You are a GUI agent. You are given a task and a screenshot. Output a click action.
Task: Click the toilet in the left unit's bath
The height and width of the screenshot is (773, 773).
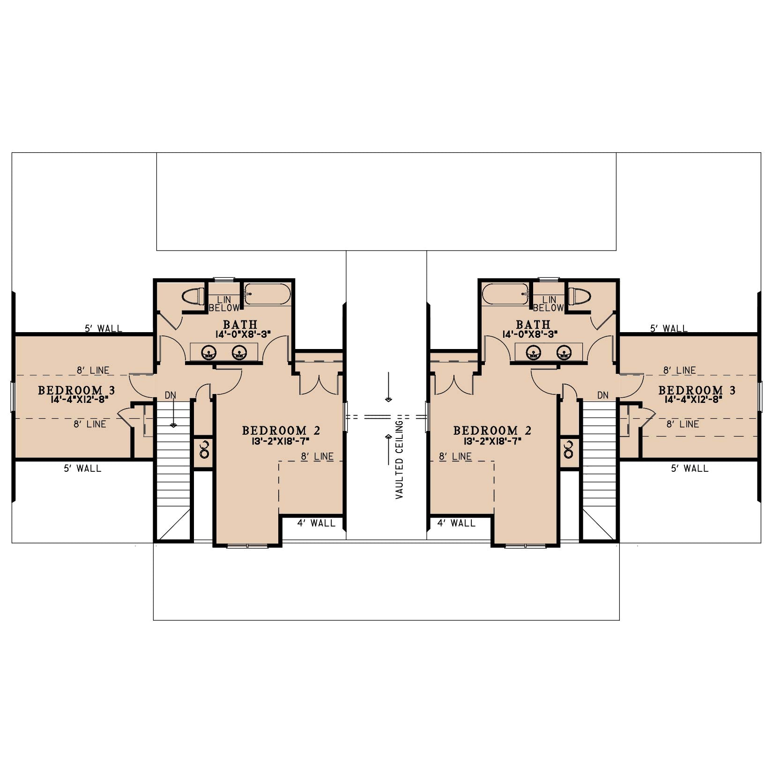(193, 297)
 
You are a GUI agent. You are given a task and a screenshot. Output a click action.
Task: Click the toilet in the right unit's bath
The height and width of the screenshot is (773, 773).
(580, 297)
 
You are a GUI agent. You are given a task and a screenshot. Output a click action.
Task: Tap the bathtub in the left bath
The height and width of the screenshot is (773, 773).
(268, 294)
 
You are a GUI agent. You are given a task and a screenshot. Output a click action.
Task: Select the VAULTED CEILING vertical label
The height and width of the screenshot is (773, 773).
(399, 460)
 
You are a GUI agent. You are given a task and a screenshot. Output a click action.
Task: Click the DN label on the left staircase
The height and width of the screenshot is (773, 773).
(171, 395)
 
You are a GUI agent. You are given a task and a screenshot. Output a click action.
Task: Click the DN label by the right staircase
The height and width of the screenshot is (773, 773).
(603, 395)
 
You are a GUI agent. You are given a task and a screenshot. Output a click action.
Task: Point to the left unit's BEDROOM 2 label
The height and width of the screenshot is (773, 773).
(281, 430)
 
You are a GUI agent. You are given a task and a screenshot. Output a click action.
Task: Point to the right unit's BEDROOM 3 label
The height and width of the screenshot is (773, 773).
(697, 390)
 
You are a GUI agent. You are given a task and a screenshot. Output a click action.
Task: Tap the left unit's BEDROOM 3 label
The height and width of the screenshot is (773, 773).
(76, 390)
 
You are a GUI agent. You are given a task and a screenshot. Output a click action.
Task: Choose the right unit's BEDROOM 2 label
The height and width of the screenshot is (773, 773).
(492, 430)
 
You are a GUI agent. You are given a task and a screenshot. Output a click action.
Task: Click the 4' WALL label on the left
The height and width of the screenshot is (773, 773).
(316, 523)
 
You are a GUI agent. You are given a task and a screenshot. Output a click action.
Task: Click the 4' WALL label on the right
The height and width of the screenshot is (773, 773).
(456, 523)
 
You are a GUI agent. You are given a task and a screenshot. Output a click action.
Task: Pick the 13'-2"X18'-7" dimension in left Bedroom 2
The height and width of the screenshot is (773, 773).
(281, 441)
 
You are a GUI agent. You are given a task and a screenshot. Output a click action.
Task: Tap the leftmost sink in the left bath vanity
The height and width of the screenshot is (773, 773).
(208, 352)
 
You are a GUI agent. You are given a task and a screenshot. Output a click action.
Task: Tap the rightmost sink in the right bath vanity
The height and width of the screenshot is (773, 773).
(565, 352)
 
